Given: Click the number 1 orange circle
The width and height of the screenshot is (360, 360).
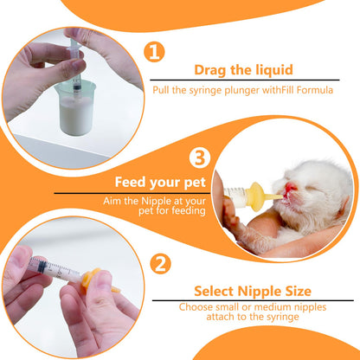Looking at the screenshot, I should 153,53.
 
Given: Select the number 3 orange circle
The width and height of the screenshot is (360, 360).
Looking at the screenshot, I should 200,158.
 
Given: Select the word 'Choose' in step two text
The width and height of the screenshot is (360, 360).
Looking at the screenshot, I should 198,306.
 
